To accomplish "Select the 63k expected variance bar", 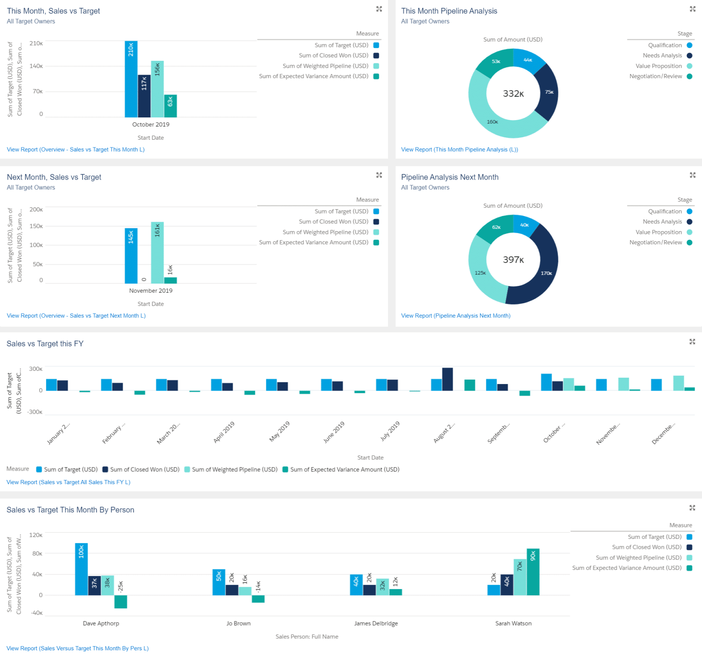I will (170, 106).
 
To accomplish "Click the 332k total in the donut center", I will (513, 94).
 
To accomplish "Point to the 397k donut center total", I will (513, 260).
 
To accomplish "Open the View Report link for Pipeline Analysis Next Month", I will (455, 316).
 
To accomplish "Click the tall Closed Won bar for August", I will (447, 379).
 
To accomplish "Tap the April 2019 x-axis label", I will (224, 432).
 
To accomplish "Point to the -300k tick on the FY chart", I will (35, 412).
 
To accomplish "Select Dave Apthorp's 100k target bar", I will (81, 569).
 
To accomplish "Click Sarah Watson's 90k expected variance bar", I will (533, 572).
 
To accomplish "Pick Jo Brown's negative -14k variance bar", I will (258, 599).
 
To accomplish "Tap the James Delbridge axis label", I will (376, 623).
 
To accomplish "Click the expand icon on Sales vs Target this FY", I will (692, 342).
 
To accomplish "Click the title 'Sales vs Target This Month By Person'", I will (70, 510).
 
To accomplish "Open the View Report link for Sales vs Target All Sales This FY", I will (69, 482).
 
